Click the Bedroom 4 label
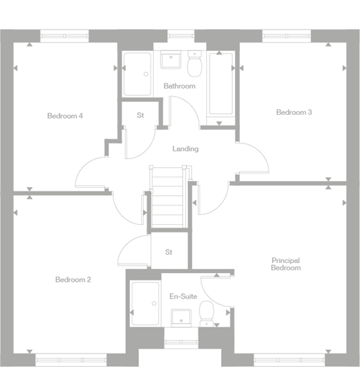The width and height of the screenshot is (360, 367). point(64,115)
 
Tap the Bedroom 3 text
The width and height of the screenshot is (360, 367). point(294,112)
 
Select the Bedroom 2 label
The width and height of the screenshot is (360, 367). point(73,279)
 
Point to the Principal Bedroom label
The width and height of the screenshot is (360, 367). point(285,264)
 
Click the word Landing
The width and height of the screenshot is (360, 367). point(185,148)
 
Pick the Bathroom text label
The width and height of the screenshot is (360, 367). point(179,86)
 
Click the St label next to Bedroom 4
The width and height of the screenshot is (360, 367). point(140,115)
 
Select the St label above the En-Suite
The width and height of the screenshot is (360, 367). point(169,252)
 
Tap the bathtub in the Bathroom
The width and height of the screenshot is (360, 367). point(220,84)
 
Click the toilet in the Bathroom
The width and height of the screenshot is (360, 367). point(195,66)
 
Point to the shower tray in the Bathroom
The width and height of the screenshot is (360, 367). point(137,74)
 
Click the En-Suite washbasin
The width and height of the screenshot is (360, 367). point(181,317)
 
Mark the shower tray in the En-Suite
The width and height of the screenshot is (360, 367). point(144,305)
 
